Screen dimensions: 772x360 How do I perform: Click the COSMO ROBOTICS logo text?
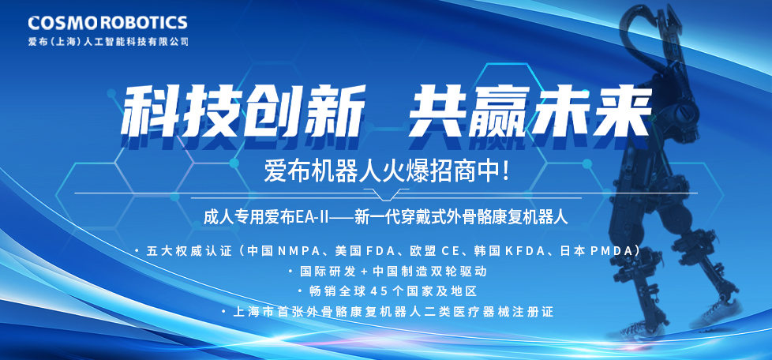pos(108,23)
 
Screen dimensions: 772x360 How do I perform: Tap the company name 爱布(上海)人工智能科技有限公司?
pos(108,42)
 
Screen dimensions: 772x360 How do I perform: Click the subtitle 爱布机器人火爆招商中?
pos(387,172)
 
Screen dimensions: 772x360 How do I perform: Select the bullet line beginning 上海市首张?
pos(388,312)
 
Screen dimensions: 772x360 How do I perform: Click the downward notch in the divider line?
pos(385,196)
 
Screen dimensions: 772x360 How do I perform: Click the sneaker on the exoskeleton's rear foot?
pos(639,328)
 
